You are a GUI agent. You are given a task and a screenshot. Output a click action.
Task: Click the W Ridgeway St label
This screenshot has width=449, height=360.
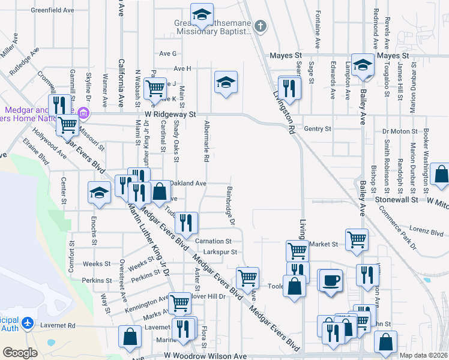(x=170, y=113)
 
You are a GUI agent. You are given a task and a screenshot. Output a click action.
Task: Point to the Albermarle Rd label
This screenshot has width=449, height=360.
(x=206, y=142)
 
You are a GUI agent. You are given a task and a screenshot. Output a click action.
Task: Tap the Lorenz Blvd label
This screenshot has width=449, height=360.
(x=426, y=230)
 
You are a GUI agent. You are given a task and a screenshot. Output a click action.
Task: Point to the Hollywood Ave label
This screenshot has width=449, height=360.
(x=49, y=143)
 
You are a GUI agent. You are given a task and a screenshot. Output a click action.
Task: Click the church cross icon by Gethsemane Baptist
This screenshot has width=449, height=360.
(x=259, y=26)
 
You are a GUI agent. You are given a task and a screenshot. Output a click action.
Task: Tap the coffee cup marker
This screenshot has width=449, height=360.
(x=330, y=280)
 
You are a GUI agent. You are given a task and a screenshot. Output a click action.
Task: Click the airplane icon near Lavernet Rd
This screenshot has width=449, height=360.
(x=27, y=323)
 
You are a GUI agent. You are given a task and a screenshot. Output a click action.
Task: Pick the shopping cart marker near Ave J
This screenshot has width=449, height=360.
(x=155, y=88)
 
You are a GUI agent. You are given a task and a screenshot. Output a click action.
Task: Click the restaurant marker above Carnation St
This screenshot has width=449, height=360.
(x=187, y=223)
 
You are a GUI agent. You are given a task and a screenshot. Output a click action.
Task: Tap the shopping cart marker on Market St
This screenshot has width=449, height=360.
(x=357, y=239)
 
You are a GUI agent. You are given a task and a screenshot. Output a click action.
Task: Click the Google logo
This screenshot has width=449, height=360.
(x=20, y=353)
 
